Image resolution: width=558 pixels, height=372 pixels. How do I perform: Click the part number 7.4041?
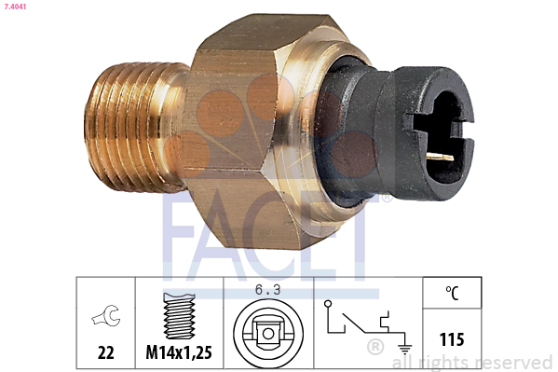coord(15,7)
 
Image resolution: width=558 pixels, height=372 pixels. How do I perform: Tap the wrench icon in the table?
coord(106,316)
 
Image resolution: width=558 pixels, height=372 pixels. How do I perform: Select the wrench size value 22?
coord(105,352)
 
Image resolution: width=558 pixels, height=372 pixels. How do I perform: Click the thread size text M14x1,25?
coord(179,352)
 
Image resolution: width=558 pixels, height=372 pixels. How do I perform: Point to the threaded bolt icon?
coord(179,316)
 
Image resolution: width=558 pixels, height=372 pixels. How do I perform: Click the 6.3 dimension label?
coord(267,290)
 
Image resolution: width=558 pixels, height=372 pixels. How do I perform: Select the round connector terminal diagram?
coord(268,334)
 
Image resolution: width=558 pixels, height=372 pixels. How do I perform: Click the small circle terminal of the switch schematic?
coord(328,304)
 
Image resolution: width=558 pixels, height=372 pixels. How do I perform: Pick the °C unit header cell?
coord(452,293)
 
